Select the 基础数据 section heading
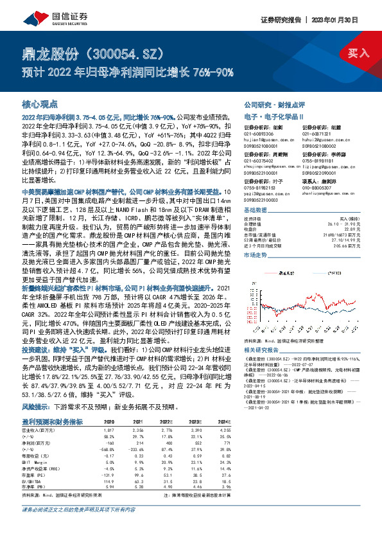click(x=257, y=210)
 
